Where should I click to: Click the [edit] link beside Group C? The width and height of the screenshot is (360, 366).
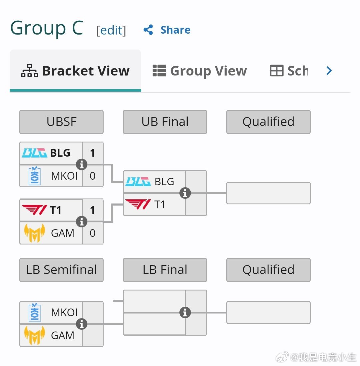111,30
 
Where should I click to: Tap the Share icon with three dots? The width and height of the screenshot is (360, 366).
148,30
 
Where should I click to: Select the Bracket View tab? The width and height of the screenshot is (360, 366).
75,71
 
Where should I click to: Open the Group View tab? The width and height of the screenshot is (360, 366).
200,71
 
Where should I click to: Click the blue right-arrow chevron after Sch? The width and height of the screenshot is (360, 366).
329,71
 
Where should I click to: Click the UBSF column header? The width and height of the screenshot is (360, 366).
61,122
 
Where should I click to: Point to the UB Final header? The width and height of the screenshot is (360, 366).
165,122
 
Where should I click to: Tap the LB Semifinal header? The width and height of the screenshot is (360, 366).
61,270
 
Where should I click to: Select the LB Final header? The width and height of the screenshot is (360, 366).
165,270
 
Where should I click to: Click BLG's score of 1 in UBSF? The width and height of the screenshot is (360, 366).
93,153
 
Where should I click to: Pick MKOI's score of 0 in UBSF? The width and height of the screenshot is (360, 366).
93,176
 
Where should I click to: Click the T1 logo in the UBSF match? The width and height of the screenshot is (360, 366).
34,210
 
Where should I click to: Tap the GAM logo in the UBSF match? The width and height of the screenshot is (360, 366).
35,233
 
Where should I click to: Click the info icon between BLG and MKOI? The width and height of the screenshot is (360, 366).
82,164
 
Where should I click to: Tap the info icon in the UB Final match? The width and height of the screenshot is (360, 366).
185,193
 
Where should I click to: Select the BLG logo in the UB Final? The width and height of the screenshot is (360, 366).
138,182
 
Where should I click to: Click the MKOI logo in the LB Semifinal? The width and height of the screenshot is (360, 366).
34,312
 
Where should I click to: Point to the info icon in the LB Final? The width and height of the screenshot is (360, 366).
185,313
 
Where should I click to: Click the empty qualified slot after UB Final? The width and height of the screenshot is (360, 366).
268,193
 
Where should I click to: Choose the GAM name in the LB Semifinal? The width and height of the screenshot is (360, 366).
63,335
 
